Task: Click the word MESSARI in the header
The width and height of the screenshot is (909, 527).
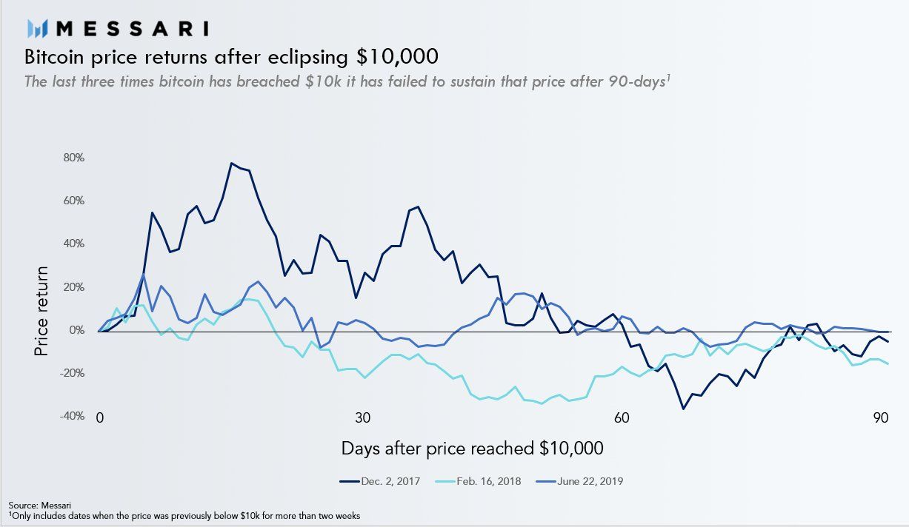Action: point(132,28)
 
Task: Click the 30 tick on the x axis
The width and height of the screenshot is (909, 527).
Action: point(362,417)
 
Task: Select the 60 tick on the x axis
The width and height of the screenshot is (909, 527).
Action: point(622,417)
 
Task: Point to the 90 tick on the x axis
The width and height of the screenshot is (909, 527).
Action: point(881,417)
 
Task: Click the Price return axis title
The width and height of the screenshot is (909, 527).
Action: point(41,311)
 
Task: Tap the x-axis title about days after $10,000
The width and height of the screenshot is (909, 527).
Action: point(472,449)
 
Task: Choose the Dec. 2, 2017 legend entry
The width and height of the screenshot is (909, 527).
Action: point(379,481)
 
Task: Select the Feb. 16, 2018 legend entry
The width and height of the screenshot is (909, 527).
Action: point(481,481)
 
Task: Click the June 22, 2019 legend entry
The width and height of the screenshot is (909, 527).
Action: point(583,481)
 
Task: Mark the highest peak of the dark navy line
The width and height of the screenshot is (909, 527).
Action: point(231,163)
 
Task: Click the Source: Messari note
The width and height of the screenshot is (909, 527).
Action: point(34,505)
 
